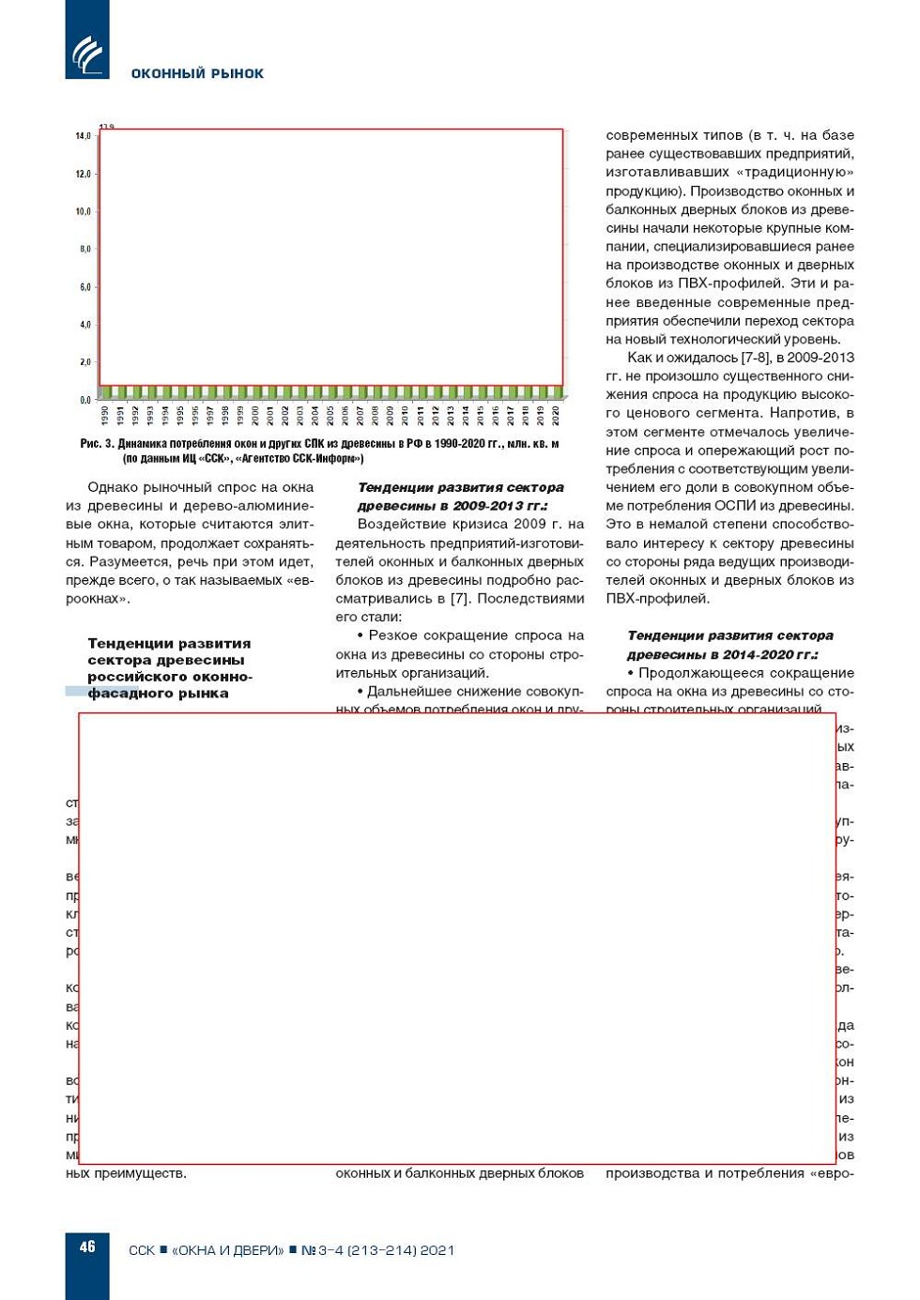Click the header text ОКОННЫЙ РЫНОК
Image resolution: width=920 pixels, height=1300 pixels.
point(197,73)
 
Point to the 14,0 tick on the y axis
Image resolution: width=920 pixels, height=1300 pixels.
point(84,136)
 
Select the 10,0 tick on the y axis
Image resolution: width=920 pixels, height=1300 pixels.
point(84,211)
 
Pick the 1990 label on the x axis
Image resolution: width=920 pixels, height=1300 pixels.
point(104,415)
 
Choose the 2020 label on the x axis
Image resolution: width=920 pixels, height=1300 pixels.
point(556,415)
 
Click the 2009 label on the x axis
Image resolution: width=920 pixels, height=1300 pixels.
point(390,415)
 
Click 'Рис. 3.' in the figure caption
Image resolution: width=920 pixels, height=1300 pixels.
point(97,444)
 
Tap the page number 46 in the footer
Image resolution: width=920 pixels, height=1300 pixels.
point(87,1246)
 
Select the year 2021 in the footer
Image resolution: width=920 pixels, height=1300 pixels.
point(437,1250)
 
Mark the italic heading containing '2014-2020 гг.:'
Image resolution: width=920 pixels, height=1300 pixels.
point(723,654)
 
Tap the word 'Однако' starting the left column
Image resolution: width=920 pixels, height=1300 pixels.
point(114,487)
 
